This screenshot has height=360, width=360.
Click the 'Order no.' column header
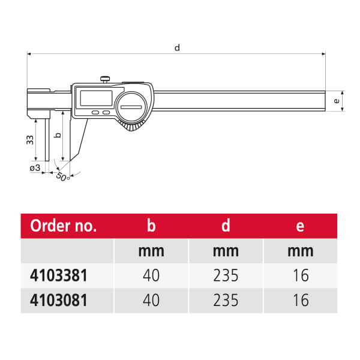[x=63, y=226]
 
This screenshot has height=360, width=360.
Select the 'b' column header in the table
[x=151, y=226]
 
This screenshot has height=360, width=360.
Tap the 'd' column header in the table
[x=226, y=226]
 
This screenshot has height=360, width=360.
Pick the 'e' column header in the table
[x=300, y=227]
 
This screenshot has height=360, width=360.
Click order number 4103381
[x=59, y=275]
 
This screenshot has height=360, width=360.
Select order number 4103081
[x=59, y=300]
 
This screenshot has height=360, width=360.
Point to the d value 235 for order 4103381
[x=226, y=275]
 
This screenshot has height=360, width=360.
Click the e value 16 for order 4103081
[x=301, y=300]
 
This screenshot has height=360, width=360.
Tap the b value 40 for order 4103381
[x=151, y=275]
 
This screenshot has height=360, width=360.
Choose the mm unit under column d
[x=226, y=251]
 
